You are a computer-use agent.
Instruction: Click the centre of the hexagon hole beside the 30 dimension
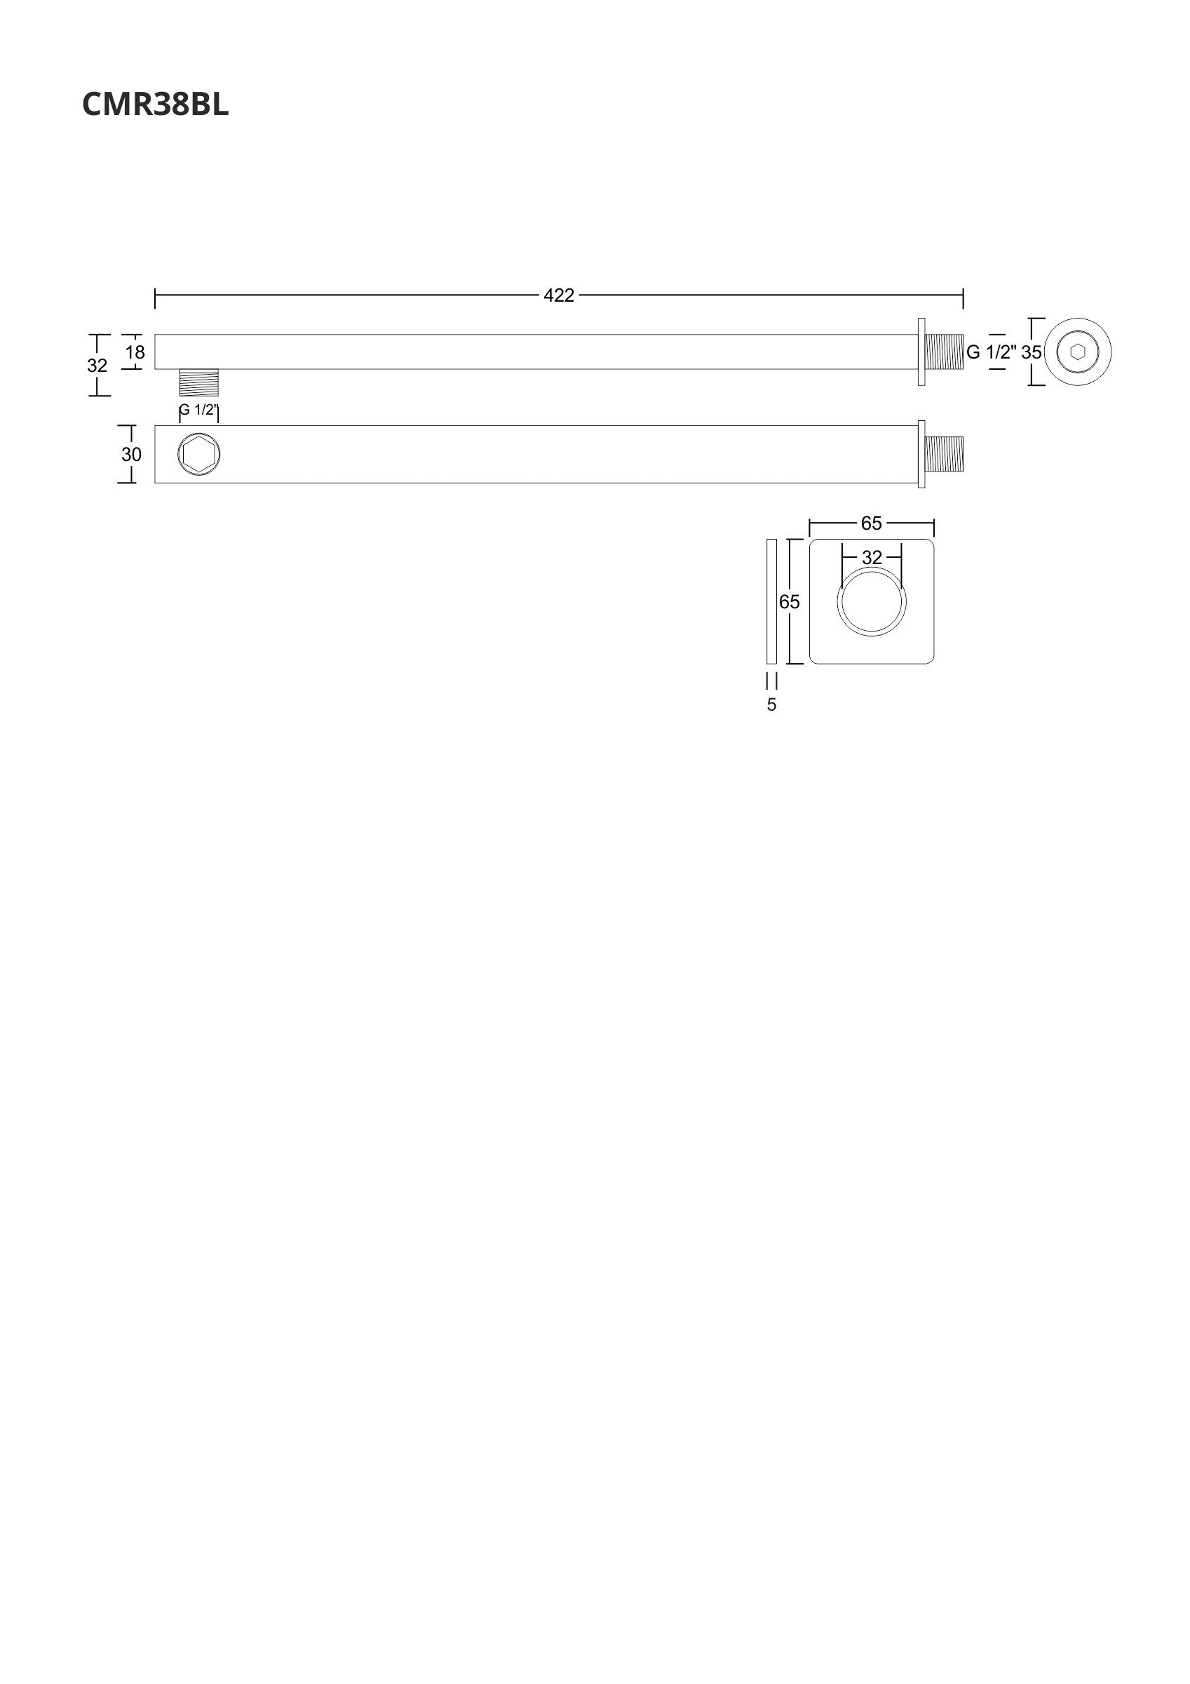(x=198, y=455)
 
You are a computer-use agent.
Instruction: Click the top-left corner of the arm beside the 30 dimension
(x=155, y=425)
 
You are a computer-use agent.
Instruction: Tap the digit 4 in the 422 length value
(x=549, y=295)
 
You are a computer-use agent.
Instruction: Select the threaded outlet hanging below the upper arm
(x=198, y=382)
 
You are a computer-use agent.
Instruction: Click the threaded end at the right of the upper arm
(x=945, y=352)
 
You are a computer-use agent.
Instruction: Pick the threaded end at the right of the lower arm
(x=945, y=454)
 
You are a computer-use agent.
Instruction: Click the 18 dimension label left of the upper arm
(x=135, y=353)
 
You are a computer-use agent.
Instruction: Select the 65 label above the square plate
(x=872, y=523)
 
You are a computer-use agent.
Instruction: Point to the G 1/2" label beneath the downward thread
(x=198, y=410)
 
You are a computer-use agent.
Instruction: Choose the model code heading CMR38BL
(x=156, y=104)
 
